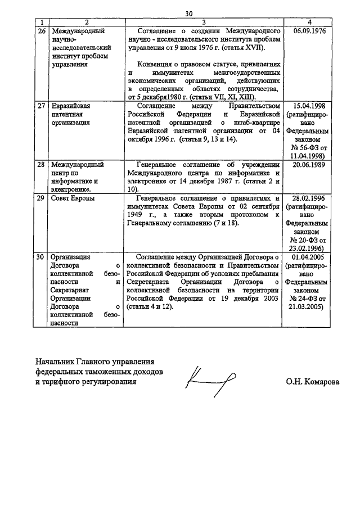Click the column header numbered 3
205,21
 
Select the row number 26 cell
40,29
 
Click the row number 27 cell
40,106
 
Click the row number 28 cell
40,165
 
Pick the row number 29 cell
40,198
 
